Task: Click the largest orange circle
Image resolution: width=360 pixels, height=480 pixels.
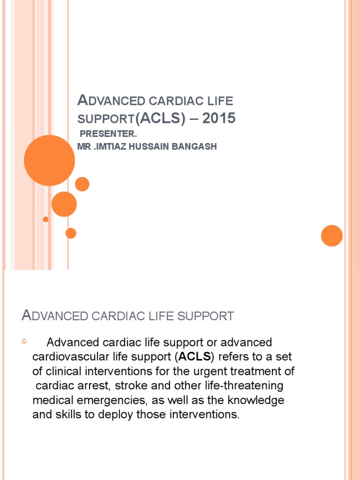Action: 49,160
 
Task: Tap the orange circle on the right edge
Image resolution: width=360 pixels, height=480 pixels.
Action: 332,235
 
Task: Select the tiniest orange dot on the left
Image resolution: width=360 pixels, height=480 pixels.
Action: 45,219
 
